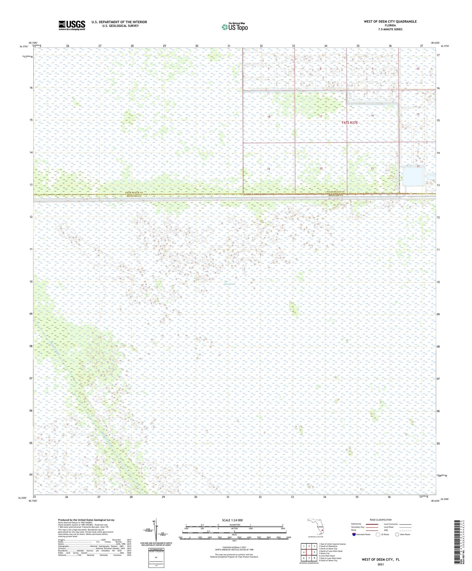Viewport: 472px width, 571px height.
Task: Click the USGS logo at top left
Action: coord(72,25)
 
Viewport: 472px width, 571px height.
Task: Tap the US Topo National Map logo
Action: coord(234,27)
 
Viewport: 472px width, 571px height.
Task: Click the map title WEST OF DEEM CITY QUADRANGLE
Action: coord(390,21)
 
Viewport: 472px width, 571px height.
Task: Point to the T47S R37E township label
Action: coord(350,123)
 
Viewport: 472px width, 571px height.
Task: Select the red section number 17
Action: coord(321,117)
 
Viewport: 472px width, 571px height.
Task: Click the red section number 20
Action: coord(321,168)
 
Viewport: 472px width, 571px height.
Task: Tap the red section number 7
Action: coord(268,69)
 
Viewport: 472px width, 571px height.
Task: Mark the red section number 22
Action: coord(418,166)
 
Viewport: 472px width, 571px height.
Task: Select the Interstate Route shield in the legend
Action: coord(354,534)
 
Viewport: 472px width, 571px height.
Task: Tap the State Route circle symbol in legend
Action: coord(397,534)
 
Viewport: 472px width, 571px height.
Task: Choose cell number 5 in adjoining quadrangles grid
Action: coord(314,552)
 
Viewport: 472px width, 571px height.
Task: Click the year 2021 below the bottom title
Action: coord(380,564)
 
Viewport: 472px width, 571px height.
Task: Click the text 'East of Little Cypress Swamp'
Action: coord(333,544)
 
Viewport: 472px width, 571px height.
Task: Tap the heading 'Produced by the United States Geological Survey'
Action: coord(86,520)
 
